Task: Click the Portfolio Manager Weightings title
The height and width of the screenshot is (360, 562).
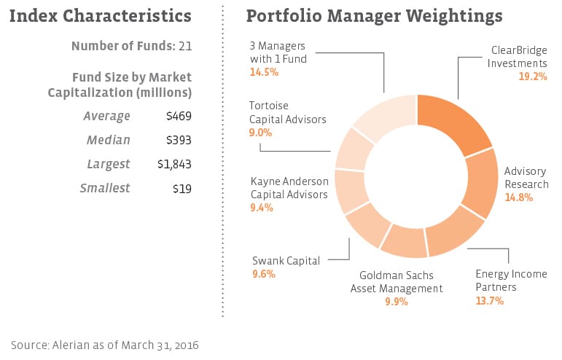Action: click(374, 15)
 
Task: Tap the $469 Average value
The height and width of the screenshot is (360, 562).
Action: click(180, 116)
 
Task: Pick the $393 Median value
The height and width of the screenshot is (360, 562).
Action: click(180, 140)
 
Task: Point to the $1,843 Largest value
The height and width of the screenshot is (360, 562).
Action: click(175, 164)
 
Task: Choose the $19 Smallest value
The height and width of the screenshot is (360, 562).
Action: click(183, 188)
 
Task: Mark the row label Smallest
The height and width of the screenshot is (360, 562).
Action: click(105, 188)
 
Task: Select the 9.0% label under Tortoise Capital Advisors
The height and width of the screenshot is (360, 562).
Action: click(260, 133)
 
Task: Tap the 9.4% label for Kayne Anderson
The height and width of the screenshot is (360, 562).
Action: click(262, 207)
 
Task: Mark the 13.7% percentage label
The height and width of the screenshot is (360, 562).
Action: click(489, 300)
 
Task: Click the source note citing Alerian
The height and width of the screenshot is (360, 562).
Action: click(105, 344)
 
